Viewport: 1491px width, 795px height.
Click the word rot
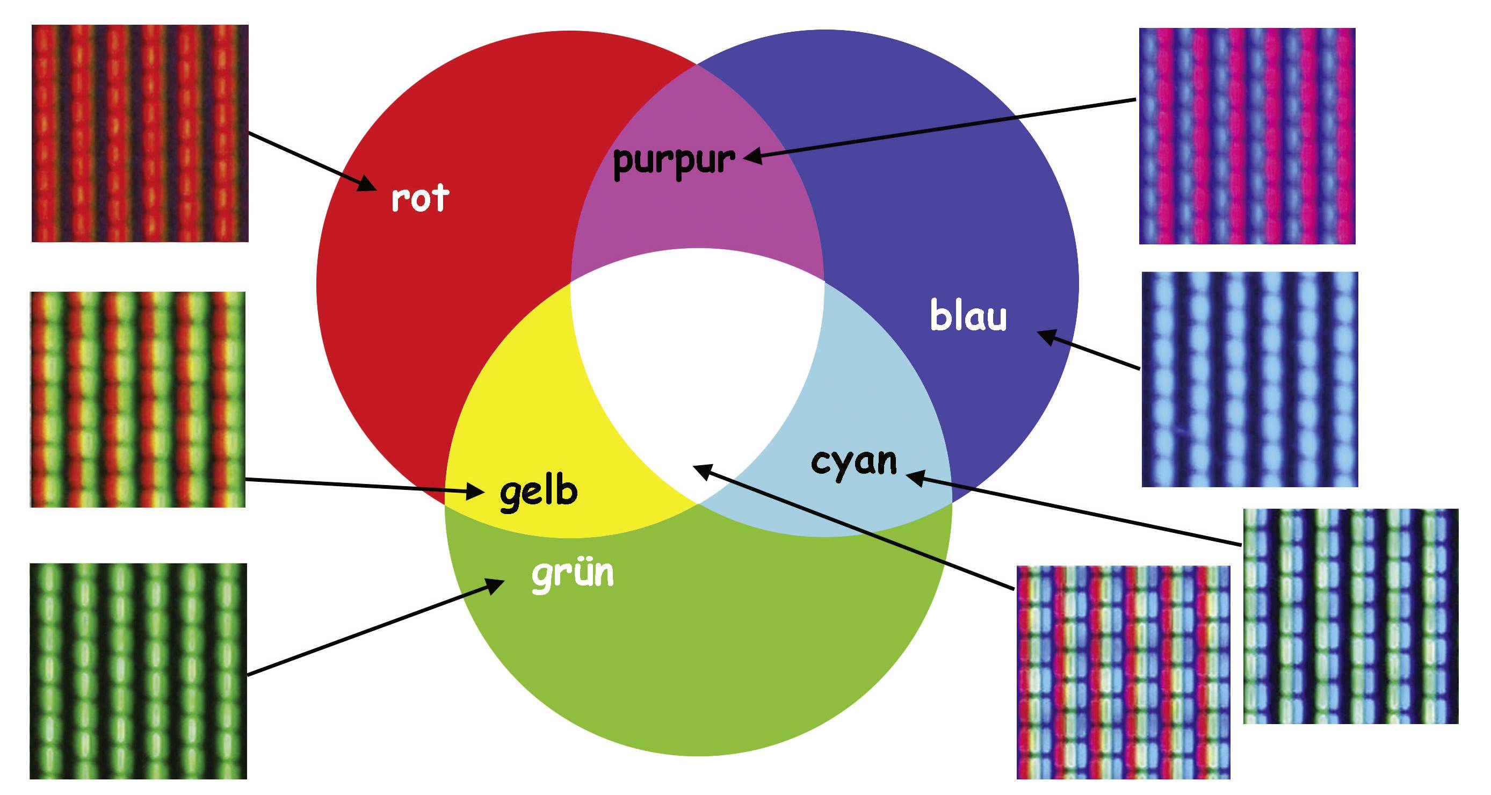pyautogui.click(x=419, y=198)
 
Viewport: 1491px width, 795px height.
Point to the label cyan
pyautogui.click(x=854, y=462)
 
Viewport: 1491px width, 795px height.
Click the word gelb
pyautogui.click(x=538, y=492)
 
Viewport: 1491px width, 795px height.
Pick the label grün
pyautogui.click(x=573, y=574)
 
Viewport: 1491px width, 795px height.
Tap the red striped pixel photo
pyautogui.click(x=140, y=133)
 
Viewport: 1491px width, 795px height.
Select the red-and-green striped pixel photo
pyautogui.click(x=137, y=400)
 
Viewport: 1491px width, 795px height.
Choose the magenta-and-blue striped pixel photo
pyautogui.click(x=1247, y=136)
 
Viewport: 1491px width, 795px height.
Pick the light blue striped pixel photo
pyautogui.click(x=1250, y=379)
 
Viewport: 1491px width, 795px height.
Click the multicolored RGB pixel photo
pyautogui.click(x=1123, y=671)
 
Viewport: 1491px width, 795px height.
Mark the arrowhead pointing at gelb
pyautogui.click(x=476, y=492)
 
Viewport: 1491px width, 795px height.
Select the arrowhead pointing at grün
pyautogui.click(x=495, y=587)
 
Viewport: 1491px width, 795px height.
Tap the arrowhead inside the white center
pyautogui.click(x=701, y=469)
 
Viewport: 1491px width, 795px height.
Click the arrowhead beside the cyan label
pyautogui.click(x=916, y=477)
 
